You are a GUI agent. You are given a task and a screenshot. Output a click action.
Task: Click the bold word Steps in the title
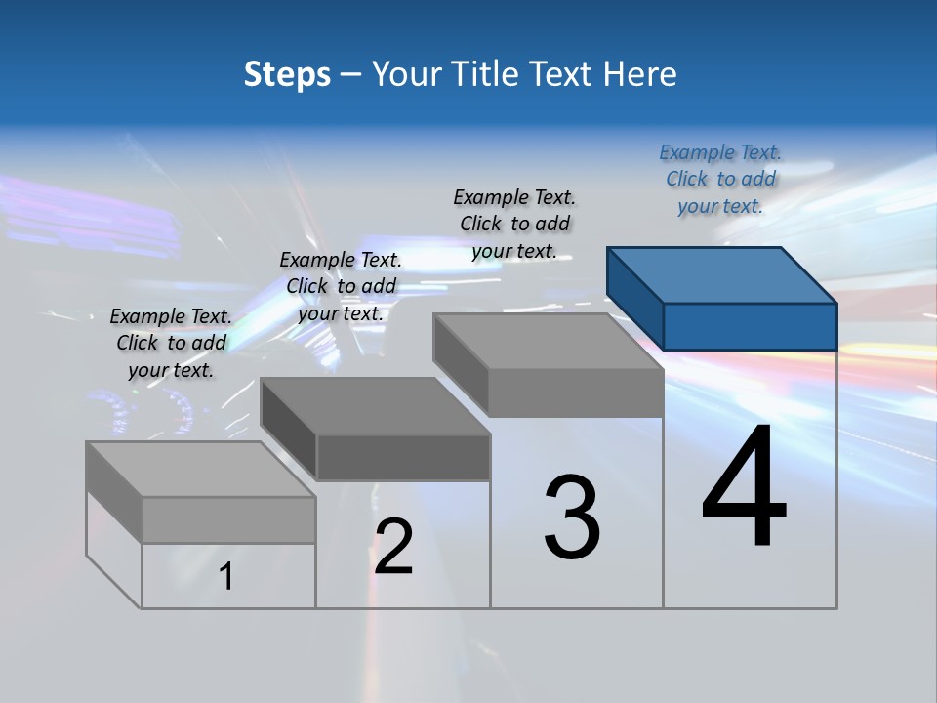click(287, 74)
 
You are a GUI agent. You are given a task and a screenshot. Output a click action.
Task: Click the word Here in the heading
click(639, 74)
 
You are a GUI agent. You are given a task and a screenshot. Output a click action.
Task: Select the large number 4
click(744, 488)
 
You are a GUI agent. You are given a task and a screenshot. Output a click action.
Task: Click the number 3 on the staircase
click(572, 517)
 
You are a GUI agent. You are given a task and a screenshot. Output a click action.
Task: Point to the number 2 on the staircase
click(393, 547)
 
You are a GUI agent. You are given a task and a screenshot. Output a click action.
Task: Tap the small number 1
click(226, 576)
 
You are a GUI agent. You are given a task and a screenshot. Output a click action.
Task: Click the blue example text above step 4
click(720, 179)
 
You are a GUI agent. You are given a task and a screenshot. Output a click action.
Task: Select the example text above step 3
click(514, 224)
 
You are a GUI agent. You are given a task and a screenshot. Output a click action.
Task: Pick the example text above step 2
click(341, 286)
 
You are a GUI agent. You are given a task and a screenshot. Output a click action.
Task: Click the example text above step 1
click(171, 343)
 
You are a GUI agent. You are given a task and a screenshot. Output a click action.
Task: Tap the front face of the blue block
click(750, 326)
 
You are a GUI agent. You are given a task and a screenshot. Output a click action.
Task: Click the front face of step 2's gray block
click(403, 457)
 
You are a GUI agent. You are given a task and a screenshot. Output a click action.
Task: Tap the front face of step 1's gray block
click(228, 519)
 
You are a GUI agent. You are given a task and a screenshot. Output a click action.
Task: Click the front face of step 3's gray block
click(576, 393)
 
